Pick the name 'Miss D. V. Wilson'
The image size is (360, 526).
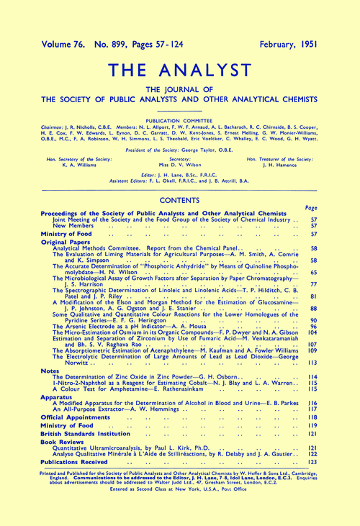[180, 163]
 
